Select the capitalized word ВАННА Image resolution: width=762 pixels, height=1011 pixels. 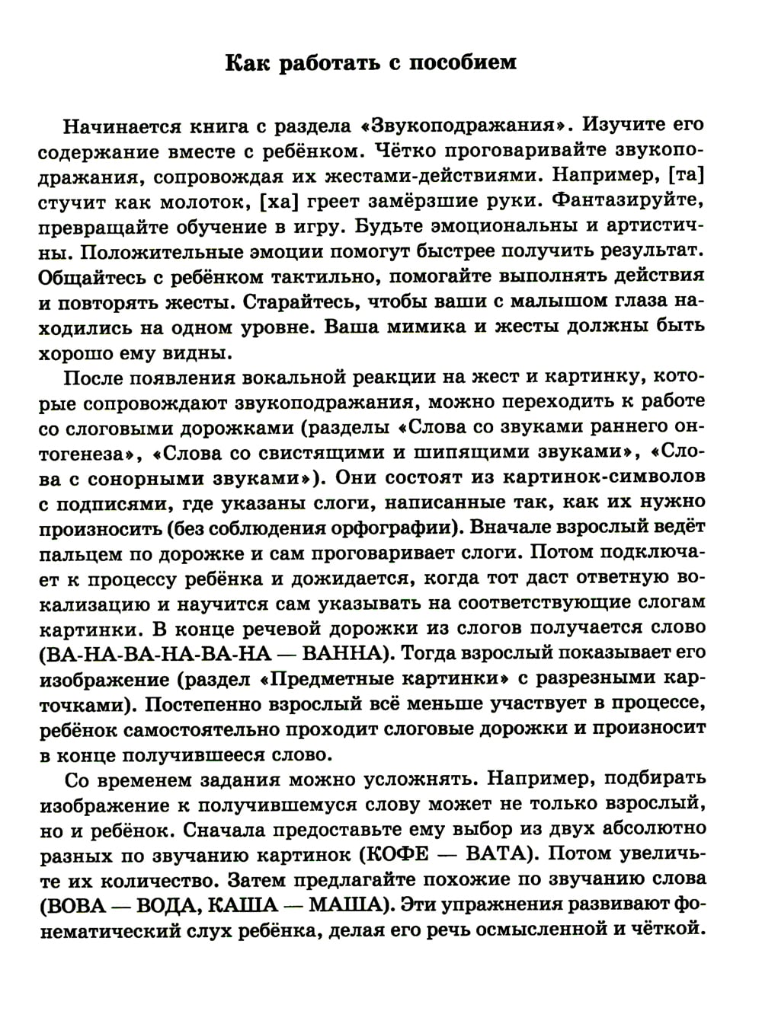click(x=345, y=653)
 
